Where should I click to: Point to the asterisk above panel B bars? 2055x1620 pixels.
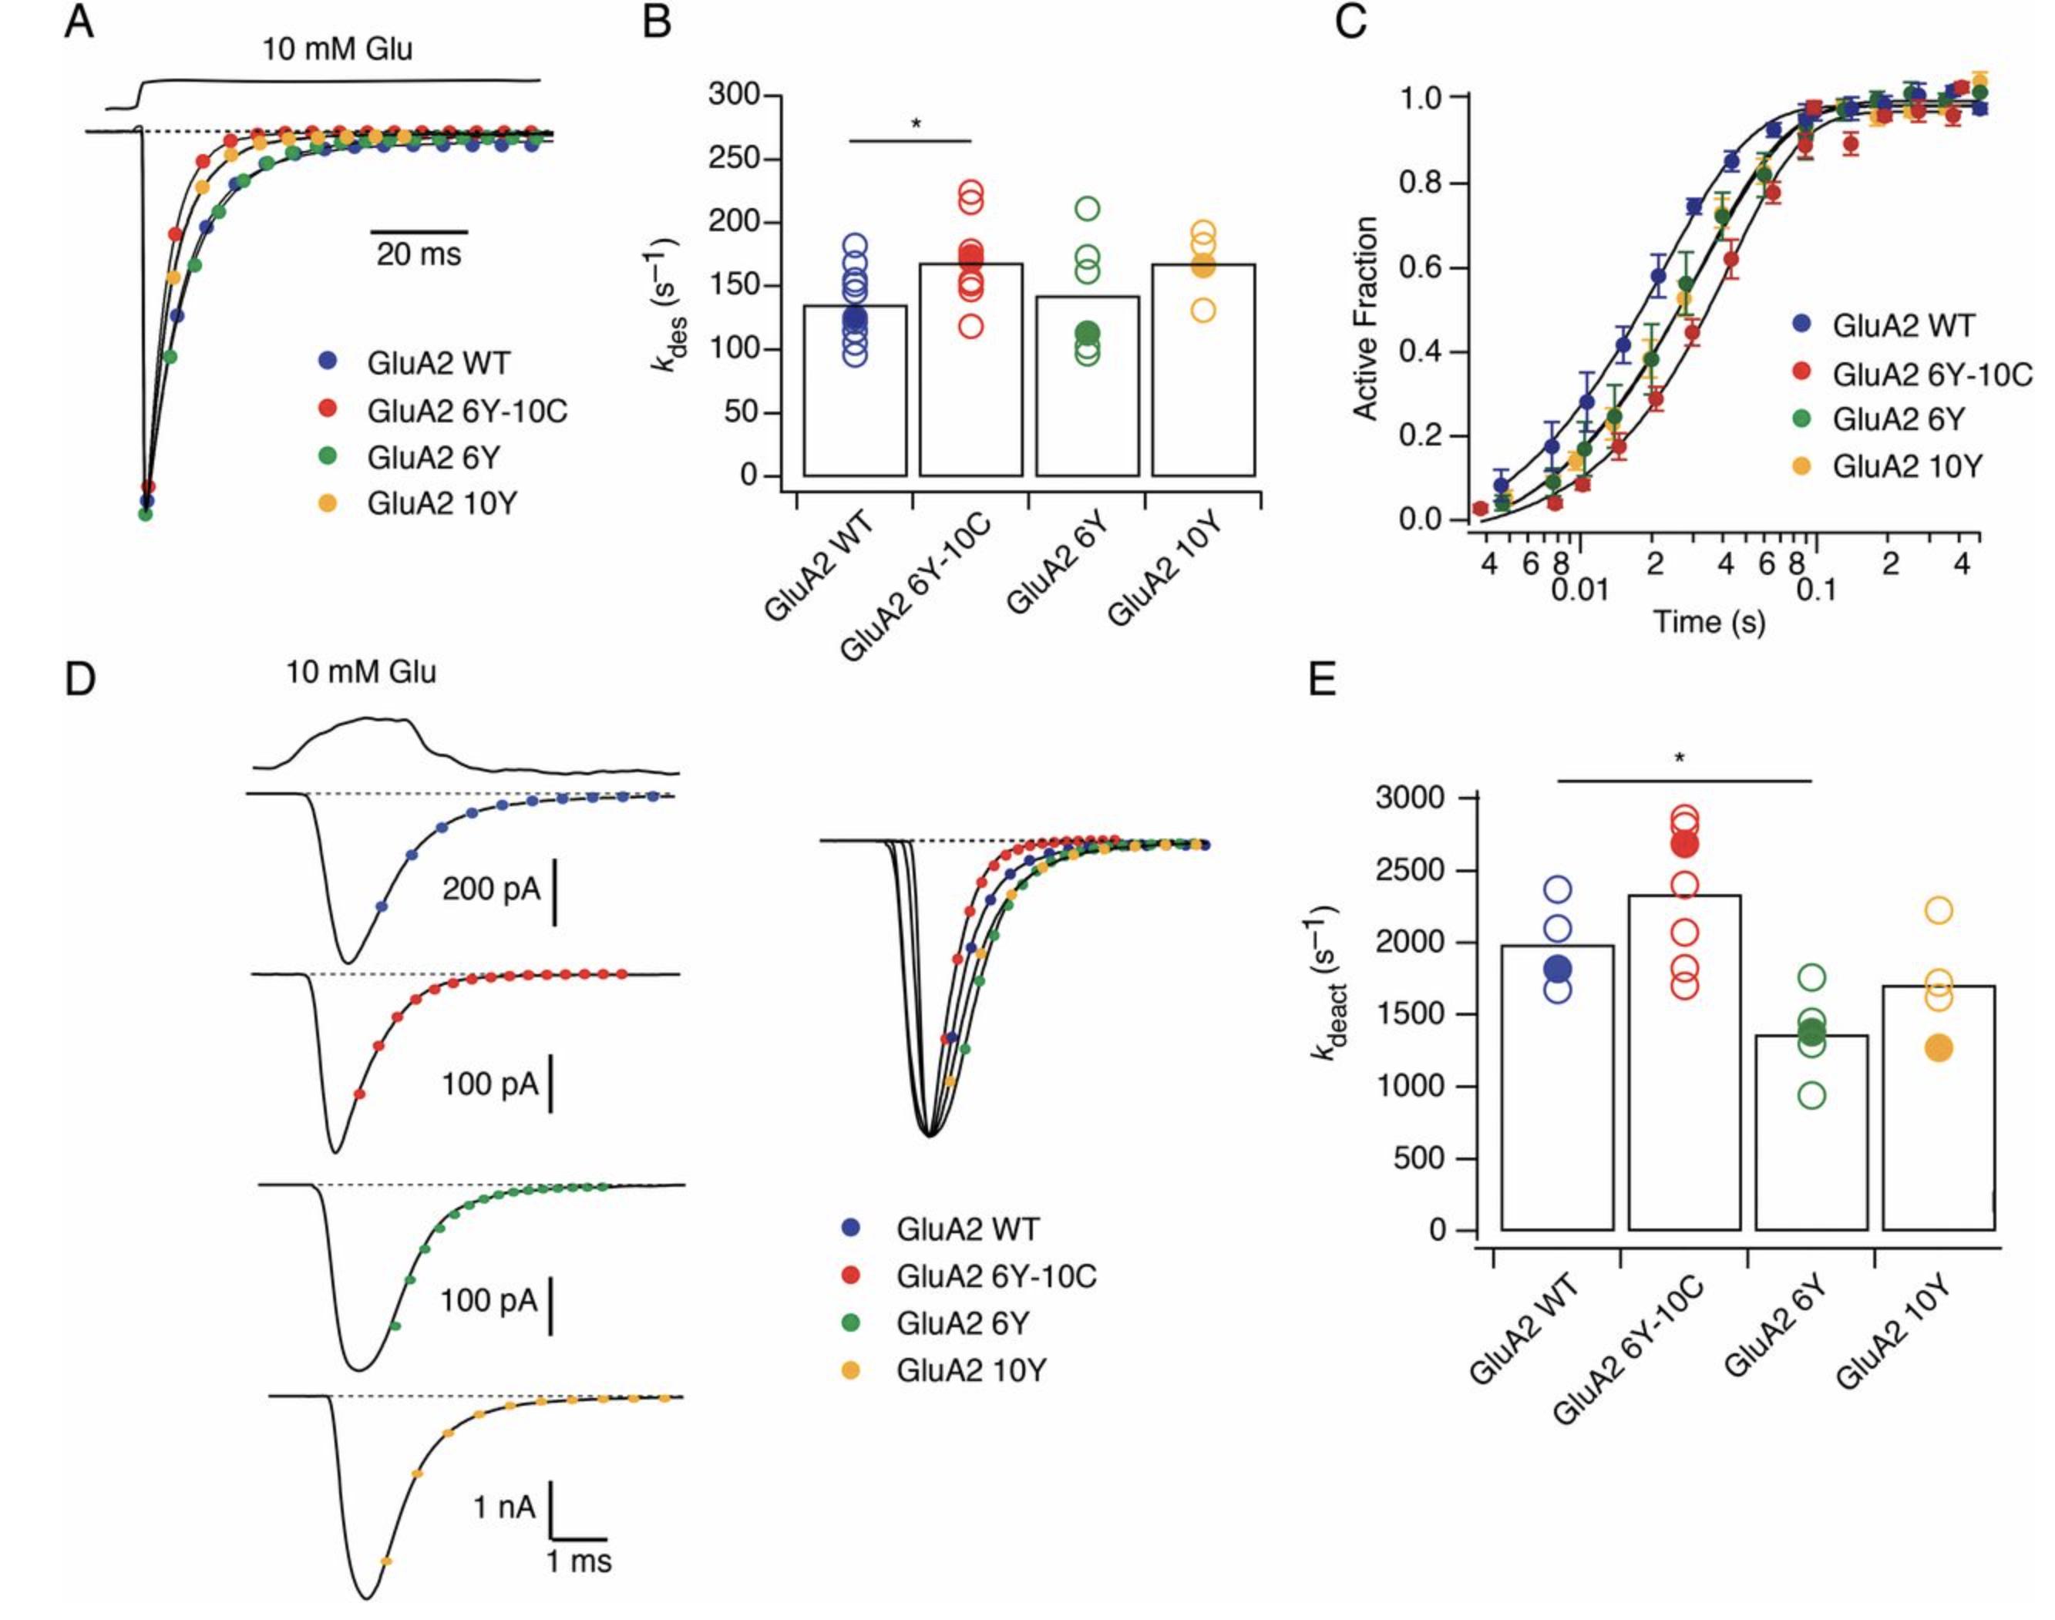915,124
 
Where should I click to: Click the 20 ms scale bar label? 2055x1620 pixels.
419,254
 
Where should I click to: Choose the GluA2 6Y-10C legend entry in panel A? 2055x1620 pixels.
467,411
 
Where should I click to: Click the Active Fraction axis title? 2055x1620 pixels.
1364,318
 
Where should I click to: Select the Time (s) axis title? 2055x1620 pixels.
1709,621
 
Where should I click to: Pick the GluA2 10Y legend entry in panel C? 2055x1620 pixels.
1906,465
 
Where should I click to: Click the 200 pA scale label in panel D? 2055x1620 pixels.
490,889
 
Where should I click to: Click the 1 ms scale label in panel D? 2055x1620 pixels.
579,1561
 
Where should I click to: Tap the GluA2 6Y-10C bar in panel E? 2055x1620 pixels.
1684,1062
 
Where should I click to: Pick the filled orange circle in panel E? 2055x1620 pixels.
1939,1048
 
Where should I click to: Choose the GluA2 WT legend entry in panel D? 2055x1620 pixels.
967,1229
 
